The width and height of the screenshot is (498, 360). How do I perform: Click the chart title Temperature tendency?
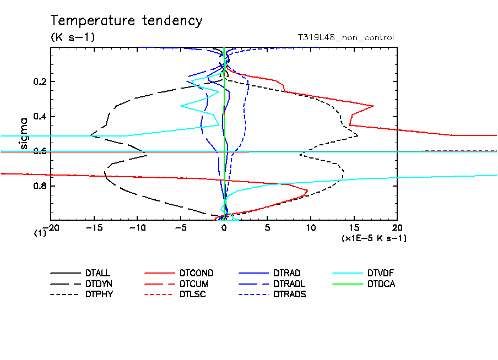[127, 21]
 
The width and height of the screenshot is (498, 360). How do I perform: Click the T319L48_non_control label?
[345, 37]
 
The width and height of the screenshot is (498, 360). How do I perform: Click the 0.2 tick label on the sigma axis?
[41, 82]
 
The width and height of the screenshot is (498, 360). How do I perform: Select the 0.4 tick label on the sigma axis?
[41, 117]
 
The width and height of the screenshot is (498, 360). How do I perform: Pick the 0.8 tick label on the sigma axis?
[41, 186]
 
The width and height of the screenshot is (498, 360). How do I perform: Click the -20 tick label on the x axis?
[51, 227]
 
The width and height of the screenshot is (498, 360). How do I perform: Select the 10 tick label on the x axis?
[311, 227]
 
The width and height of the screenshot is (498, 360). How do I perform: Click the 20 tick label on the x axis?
[397, 227]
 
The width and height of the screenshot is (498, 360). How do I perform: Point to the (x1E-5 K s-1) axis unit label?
[374, 238]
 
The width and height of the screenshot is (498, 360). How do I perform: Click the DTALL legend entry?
[98, 273]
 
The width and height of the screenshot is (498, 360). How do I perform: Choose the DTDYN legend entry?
[98, 283]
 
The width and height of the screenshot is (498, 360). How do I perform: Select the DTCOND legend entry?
[196, 273]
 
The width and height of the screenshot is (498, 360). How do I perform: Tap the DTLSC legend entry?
[192, 294]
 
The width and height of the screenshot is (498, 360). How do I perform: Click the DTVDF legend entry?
[381, 273]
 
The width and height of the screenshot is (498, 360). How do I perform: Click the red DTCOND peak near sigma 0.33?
[373, 106]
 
